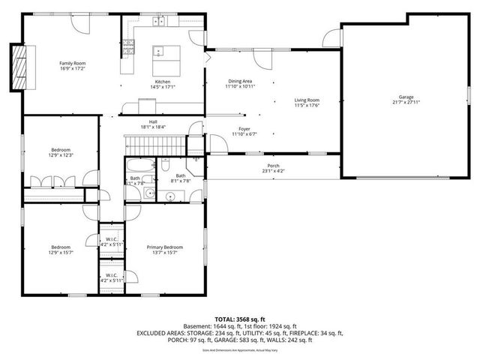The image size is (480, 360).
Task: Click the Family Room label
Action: click(73, 63)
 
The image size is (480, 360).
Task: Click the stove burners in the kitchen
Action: click(128, 49)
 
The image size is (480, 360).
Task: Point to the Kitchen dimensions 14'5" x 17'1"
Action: click(163, 87)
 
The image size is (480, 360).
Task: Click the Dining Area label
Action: click(240, 81)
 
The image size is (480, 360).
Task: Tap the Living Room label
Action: click(307, 100)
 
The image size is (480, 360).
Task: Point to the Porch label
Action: click(274, 166)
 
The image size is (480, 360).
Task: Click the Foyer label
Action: click(244, 129)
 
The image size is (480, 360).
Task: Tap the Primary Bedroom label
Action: click(164, 247)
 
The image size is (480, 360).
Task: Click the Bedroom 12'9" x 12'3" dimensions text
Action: click(60, 155)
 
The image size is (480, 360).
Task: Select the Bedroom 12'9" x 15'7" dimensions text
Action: click(60, 253)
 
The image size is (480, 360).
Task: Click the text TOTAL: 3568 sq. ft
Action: click(239, 319)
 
